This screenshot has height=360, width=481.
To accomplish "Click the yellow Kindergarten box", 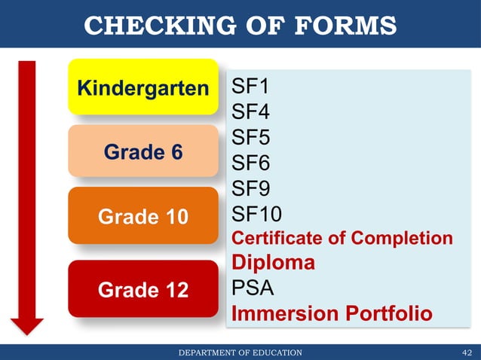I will tap(143, 87).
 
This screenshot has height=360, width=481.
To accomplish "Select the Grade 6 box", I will tap(143, 152).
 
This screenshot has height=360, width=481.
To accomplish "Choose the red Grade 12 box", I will tap(143, 288).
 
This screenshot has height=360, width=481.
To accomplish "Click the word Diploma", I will tap(273, 263).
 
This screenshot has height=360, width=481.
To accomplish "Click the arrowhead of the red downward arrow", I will tap(27, 325).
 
